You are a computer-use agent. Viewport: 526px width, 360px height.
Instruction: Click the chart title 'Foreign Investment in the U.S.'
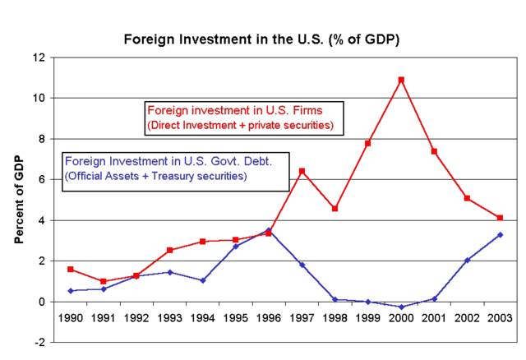click(x=261, y=39)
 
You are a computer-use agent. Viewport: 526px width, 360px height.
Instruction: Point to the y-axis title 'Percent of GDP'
click(x=18, y=200)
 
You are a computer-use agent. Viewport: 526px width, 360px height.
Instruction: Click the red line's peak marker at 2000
click(x=401, y=80)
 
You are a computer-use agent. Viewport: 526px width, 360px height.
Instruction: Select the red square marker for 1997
click(x=302, y=171)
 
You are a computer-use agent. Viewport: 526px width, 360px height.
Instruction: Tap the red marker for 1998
click(x=335, y=208)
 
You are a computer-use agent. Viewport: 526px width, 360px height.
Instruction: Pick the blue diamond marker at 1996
click(x=269, y=230)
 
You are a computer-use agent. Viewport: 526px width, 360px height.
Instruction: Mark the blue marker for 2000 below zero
click(x=401, y=307)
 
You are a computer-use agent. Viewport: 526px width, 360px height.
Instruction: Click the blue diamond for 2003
click(x=500, y=235)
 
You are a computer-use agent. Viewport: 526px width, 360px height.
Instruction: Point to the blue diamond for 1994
click(x=203, y=280)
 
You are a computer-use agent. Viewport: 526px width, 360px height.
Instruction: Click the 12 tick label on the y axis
click(x=38, y=58)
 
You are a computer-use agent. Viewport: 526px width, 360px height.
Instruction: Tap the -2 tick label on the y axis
click(x=39, y=342)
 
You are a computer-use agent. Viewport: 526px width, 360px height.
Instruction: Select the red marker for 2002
click(x=467, y=198)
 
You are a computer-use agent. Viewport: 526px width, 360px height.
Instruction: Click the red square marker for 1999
click(x=368, y=143)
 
